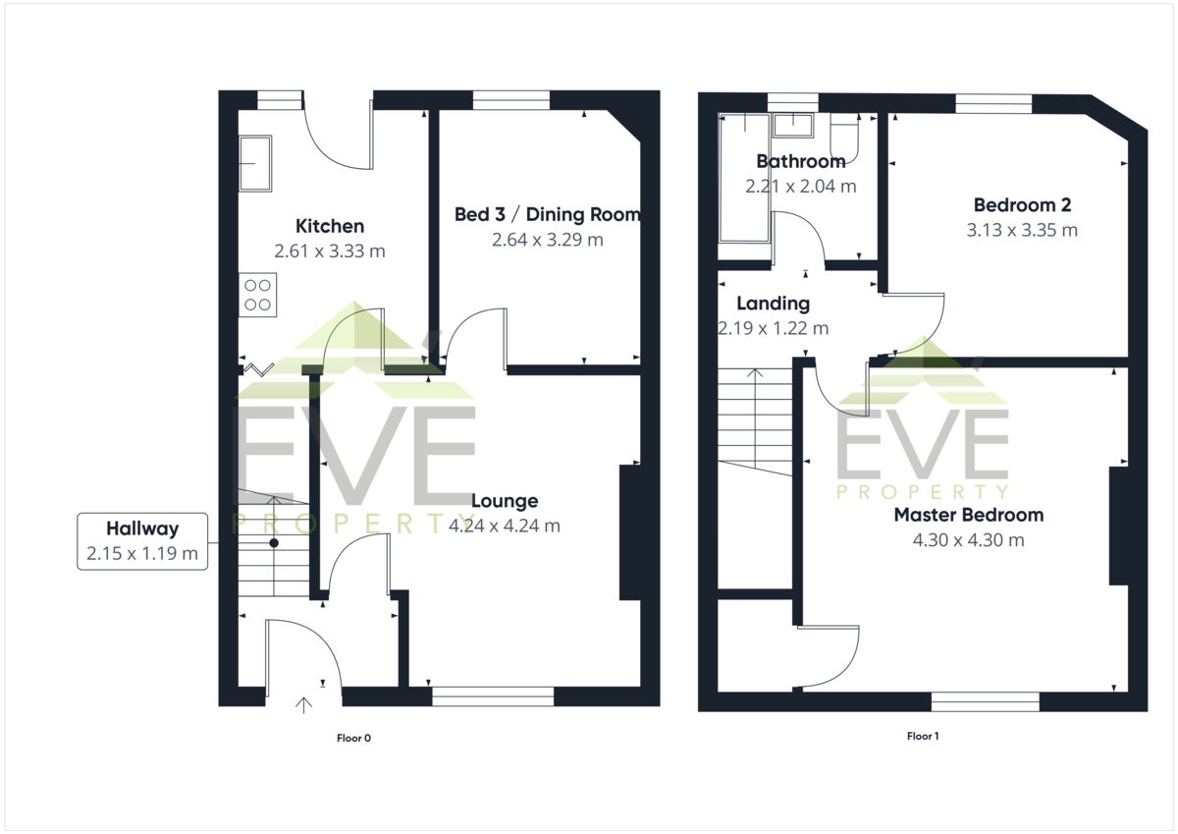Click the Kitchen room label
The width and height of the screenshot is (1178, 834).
330,226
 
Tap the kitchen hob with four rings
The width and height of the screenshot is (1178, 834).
257,295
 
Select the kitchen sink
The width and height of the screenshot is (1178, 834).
255,163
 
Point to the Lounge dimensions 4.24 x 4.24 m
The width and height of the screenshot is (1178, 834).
505,526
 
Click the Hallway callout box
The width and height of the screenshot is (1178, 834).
142,541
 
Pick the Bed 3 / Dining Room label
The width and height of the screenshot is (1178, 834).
548,215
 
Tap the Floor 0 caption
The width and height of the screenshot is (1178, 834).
354,739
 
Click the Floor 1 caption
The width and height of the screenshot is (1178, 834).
923,736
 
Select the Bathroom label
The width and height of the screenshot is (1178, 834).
801,161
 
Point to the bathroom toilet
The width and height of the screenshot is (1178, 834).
844,138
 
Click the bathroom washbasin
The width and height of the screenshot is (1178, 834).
793,125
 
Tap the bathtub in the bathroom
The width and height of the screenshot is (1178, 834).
745,178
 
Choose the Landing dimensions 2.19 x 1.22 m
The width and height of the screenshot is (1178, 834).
774,328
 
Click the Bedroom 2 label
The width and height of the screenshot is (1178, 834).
1022,205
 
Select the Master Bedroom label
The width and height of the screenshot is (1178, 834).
969,515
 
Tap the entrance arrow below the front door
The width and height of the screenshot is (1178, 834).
303,705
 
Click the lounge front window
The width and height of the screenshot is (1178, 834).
493,696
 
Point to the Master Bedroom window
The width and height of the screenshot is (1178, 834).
986,702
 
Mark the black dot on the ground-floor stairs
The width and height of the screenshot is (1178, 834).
274,543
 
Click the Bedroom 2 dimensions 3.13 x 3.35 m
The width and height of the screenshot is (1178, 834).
1022,230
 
